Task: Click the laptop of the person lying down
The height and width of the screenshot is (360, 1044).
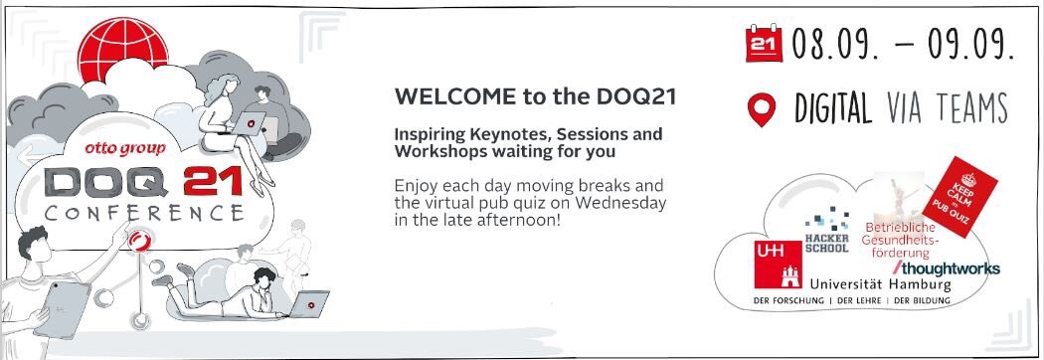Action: pyautogui.click(x=309, y=302)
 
